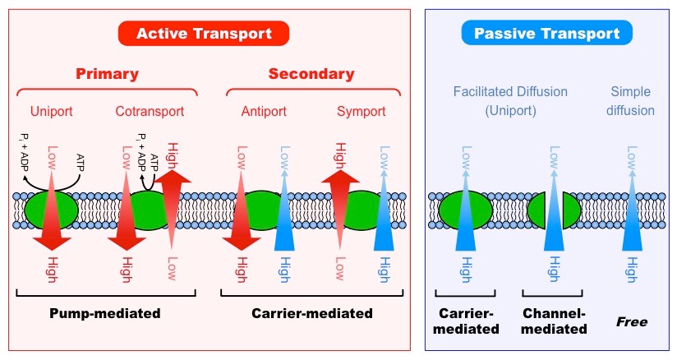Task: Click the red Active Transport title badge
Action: tap(204, 33)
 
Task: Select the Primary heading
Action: tap(107, 74)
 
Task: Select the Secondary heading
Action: tap(311, 74)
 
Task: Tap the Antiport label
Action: tap(264, 111)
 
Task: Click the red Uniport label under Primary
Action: tap(51, 111)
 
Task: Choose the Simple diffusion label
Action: tap(631, 101)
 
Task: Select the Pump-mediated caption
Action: tap(104, 313)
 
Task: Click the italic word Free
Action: tap(632, 321)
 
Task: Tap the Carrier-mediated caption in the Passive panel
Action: tap(466, 321)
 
